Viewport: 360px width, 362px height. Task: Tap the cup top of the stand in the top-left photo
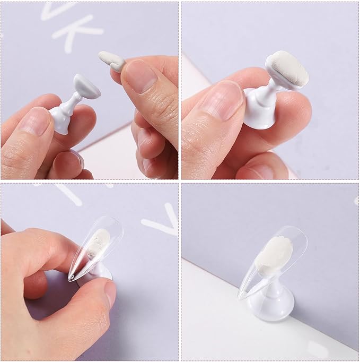(87, 87)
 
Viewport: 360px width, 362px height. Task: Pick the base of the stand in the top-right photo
(256, 113)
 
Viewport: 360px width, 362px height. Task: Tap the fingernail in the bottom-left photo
(110, 292)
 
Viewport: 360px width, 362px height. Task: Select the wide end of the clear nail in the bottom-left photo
(108, 225)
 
